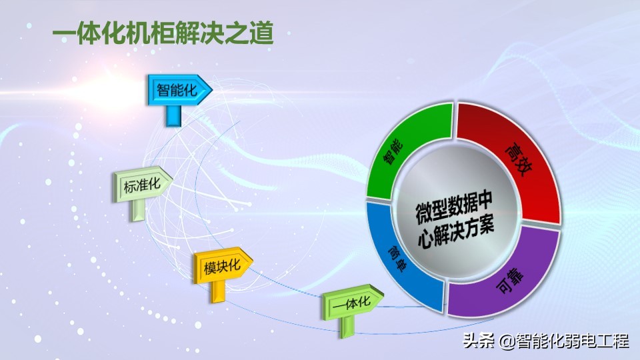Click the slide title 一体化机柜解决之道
(x=163, y=33)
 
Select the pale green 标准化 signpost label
(x=143, y=185)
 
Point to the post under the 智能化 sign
(x=173, y=115)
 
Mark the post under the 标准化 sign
(x=137, y=210)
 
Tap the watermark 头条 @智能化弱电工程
(x=545, y=341)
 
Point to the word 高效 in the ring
(x=519, y=159)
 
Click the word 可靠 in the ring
(x=510, y=280)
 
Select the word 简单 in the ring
(x=397, y=258)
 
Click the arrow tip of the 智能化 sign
(x=212, y=89)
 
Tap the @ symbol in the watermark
(x=507, y=341)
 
